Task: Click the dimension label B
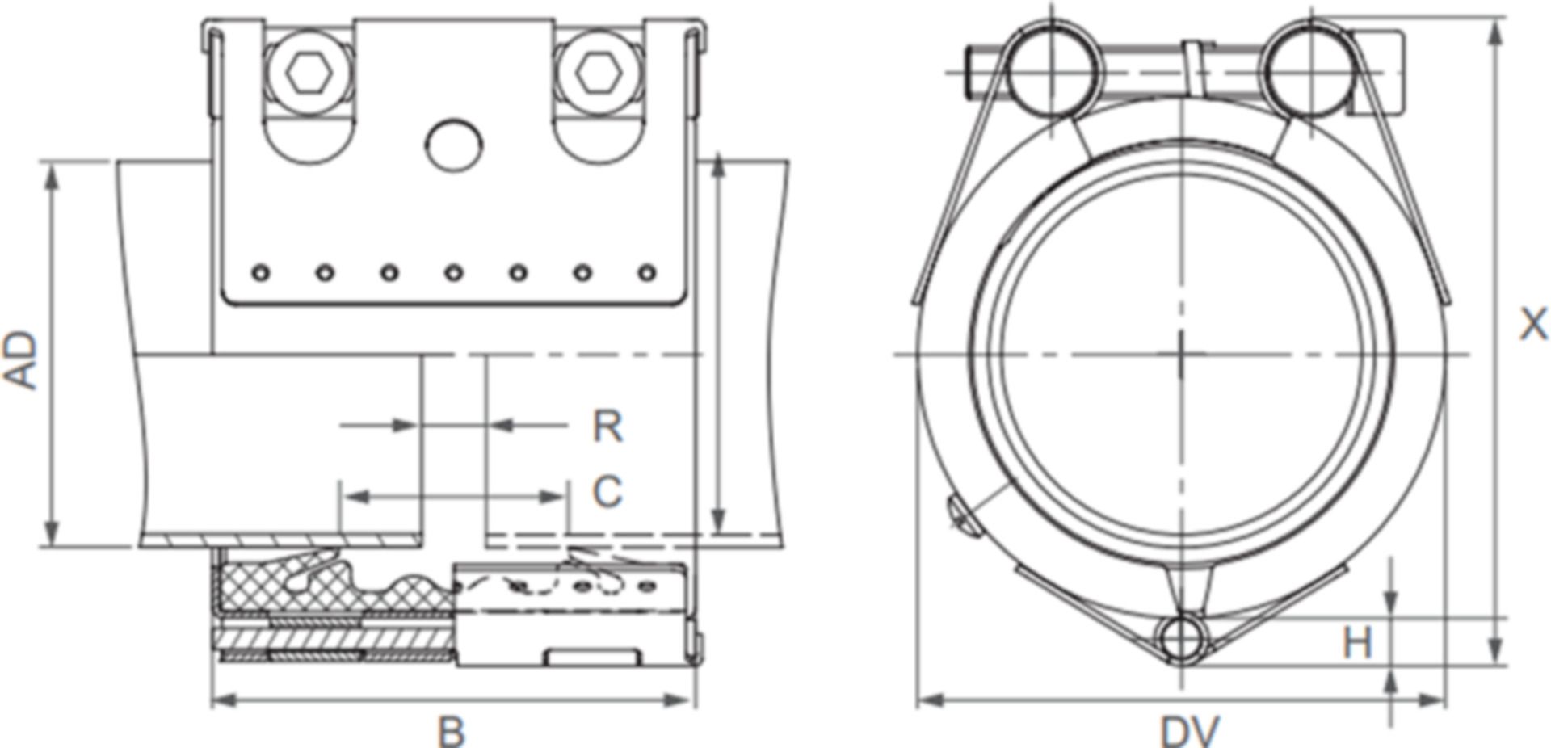pyautogui.click(x=452, y=732)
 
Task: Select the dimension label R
pyautogui.click(x=607, y=426)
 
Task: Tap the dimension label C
pyautogui.click(x=607, y=491)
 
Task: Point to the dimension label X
pyautogui.click(x=1533, y=325)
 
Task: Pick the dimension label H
pyautogui.click(x=1357, y=643)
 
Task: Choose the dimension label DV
pyautogui.click(x=1189, y=732)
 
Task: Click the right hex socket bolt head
pyautogui.click(x=598, y=75)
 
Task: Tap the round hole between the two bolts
pyautogui.click(x=454, y=145)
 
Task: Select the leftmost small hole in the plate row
pyautogui.click(x=260, y=273)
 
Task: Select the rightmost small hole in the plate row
pyautogui.click(x=647, y=273)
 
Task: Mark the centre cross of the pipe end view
pyautogui.click(x=1182, y=354)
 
